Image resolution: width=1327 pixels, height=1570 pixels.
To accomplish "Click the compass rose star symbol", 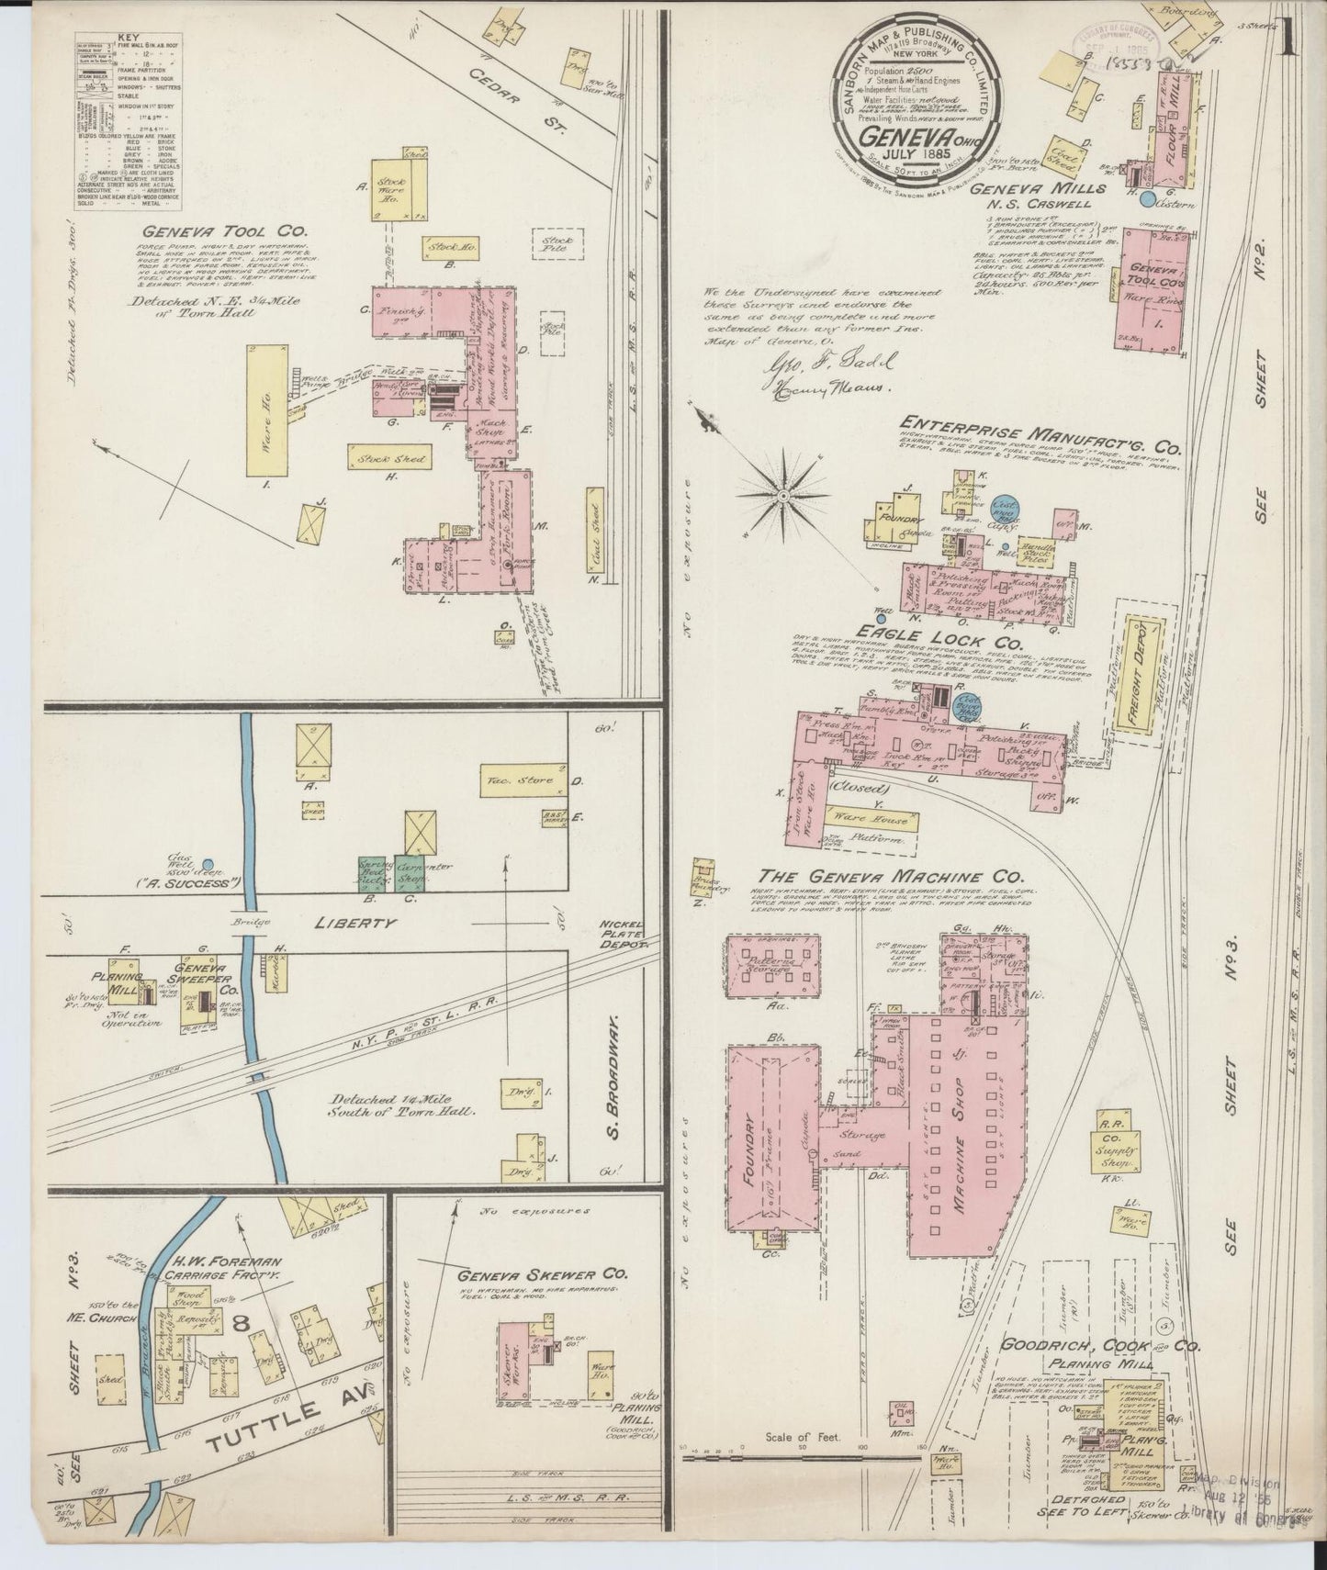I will coord(783,496).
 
